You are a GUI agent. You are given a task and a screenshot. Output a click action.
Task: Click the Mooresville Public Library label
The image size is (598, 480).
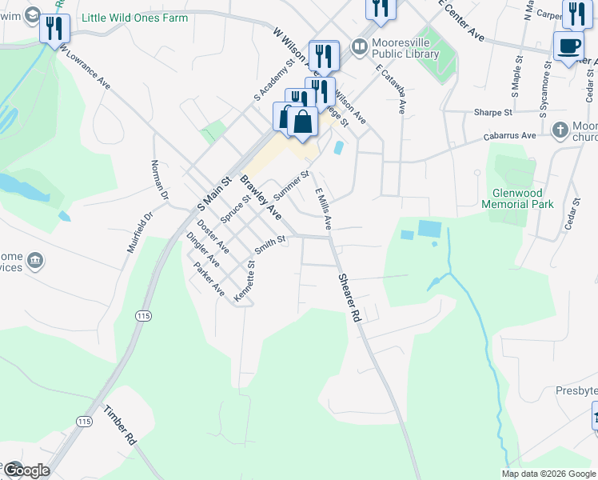pyautogui.click(x=405, y=48)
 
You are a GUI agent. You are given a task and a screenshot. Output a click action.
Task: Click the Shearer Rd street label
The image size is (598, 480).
pyautogui.click(x=350, y=298)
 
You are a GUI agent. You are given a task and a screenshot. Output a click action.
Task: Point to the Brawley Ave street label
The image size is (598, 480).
pyautogui.click(x=261, y=198)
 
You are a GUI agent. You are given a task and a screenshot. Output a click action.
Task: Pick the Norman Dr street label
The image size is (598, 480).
pyautogui.click(x=160, y=180)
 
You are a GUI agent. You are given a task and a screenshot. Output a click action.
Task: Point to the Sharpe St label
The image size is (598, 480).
pyautogui.click(x=492, y=113)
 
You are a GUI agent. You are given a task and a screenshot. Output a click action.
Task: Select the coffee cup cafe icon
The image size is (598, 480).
pyautogui.click(x=568, y=46)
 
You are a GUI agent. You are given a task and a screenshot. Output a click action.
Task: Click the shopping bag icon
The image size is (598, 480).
pyautogui.click(x=303, y=122)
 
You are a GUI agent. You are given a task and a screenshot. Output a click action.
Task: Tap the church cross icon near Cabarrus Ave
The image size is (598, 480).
pyautogui.click(x=560, y=129)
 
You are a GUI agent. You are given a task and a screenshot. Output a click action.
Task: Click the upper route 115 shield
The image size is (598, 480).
pyautogui.click(x=143, y=317)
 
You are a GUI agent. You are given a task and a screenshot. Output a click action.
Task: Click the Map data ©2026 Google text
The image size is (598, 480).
pyautogui.click(x=548, y=474)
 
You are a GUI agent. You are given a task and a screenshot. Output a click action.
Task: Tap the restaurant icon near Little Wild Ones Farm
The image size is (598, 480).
pyautogui.click(x=54, y=30)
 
